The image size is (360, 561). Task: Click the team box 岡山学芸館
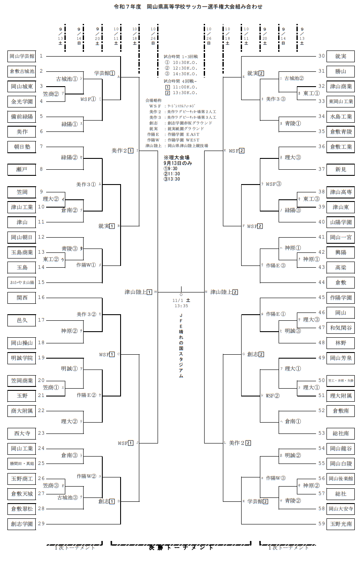click(21, 56)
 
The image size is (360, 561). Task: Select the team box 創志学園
click(21, 524)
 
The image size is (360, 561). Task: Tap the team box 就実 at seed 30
click(340, 56)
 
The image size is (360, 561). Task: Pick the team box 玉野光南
click(340, 524)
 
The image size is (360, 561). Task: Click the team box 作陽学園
click(340, 298)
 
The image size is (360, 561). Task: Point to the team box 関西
click(21, 298)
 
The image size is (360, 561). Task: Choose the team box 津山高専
click(340, 192)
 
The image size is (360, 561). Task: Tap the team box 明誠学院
click(21, 358)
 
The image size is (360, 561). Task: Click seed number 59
click(321, 524)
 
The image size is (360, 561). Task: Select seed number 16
click(41, 298)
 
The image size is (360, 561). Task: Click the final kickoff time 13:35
click(181, 306)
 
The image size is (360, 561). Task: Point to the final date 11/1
click(177, 300)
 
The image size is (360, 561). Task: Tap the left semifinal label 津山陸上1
click(138, 292)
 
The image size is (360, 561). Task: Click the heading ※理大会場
click(177, 158)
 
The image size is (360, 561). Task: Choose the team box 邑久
click(21, 320)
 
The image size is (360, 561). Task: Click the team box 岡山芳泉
click(340, 358)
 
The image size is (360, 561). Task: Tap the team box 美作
click(21, 131)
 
